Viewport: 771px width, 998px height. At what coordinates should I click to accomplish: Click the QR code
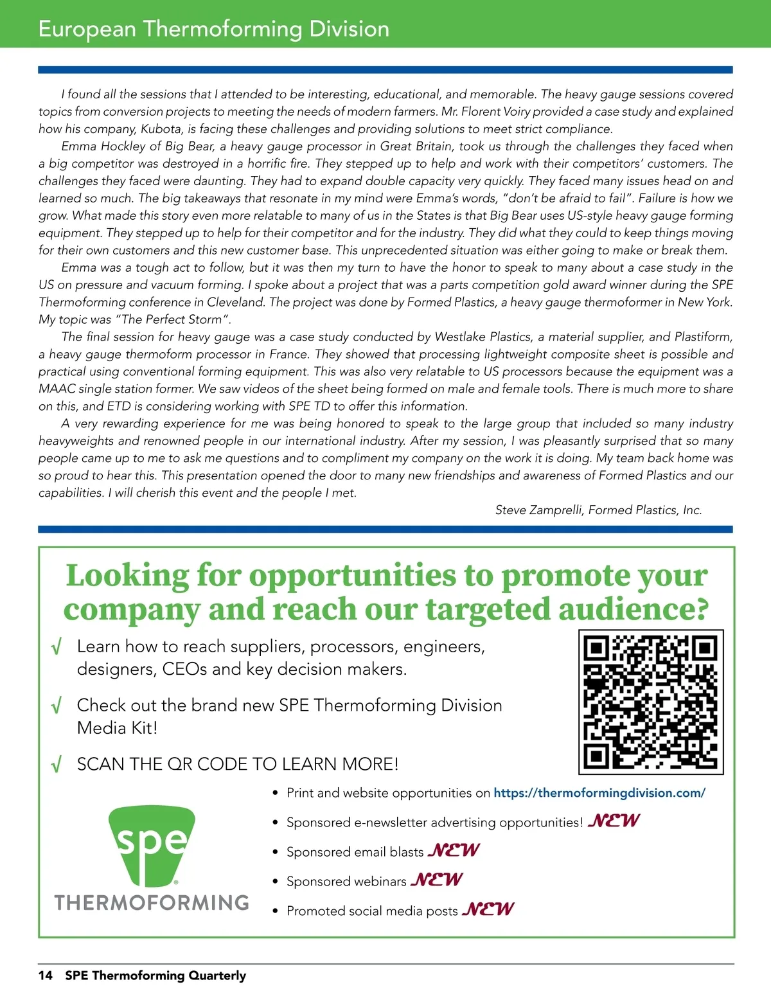point(651,702)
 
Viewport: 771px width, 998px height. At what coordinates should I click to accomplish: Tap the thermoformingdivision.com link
point(599,793)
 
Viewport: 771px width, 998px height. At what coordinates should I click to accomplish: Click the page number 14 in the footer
point(45,976)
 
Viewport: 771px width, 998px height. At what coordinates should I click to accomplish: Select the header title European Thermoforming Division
point(213,29)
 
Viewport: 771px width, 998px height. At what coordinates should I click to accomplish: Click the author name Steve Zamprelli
point(540,510)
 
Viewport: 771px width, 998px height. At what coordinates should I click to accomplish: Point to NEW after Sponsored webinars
point(437,879)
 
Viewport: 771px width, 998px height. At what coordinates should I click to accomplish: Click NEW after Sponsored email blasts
point(454,850)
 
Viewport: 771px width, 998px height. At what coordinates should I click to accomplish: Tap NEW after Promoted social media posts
point(488,909)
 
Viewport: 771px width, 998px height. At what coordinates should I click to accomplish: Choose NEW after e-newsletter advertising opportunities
point(614,821)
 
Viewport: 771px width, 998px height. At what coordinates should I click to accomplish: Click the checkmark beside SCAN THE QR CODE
point(57,765)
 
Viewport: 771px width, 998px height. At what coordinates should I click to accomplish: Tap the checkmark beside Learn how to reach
point(57,647)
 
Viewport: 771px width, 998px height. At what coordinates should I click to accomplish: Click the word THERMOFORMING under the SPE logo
point(152,902)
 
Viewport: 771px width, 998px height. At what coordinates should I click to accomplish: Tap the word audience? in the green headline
point(633,609)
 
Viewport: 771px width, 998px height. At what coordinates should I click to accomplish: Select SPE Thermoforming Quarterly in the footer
point(155,976)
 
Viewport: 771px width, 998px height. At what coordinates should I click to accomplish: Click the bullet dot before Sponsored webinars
point(275,882)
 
